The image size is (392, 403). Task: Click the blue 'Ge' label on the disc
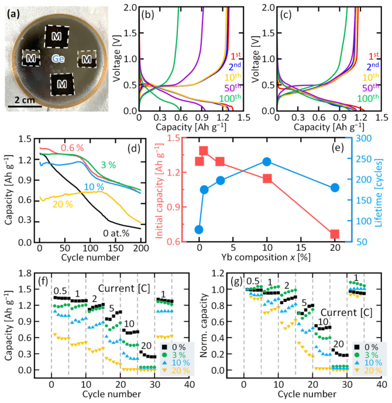[x=58, y=59]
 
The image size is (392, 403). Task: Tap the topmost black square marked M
[x=57, y=36]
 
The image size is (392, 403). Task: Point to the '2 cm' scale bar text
[x=25, y=100]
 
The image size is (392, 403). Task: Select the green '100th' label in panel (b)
[x=230, y=98]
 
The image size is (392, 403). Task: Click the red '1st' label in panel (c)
[x=373, y=56]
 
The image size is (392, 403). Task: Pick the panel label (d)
[x=134, y=149]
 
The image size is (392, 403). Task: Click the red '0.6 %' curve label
[x=72, y=148]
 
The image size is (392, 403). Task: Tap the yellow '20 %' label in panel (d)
[x=63, y=204]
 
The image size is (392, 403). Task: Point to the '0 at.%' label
[x=116, y=233]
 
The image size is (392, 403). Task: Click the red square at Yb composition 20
[x=335, y=234]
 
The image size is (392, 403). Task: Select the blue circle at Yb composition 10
[x=267, y=161]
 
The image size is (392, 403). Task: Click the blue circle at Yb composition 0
[x=199, y=229]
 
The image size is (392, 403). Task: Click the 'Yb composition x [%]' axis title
[x=266, y=257]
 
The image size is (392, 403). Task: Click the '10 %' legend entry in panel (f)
[x=176, y=363]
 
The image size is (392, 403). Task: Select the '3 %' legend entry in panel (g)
[x=367, y=355]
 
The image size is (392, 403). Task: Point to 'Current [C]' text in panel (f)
[x=124, y=288]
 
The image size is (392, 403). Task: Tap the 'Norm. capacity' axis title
[x=204, y=325]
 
